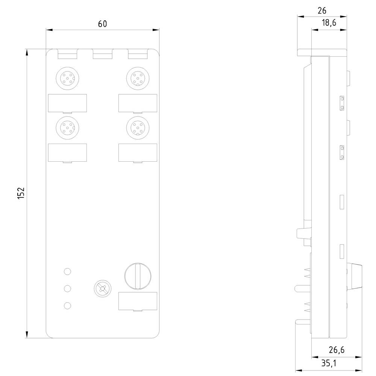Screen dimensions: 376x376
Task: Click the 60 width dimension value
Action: [102, 24]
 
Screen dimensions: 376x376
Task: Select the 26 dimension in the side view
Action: [322, 11]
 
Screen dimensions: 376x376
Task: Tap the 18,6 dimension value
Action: [329, 23]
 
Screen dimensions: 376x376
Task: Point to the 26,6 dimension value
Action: [336, 350]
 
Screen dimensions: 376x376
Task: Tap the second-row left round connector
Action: [67, 128]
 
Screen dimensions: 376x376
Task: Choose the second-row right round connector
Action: [138, 128]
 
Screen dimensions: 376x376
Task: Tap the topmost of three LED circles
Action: [68, 271]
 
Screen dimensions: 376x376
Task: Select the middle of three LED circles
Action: [68, 288]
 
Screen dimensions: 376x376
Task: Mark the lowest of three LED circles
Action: [68, 306]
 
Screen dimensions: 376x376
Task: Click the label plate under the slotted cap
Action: [138, 301]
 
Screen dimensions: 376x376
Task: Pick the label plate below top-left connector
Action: [68, 103]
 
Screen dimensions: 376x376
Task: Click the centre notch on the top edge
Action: [102, 55]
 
